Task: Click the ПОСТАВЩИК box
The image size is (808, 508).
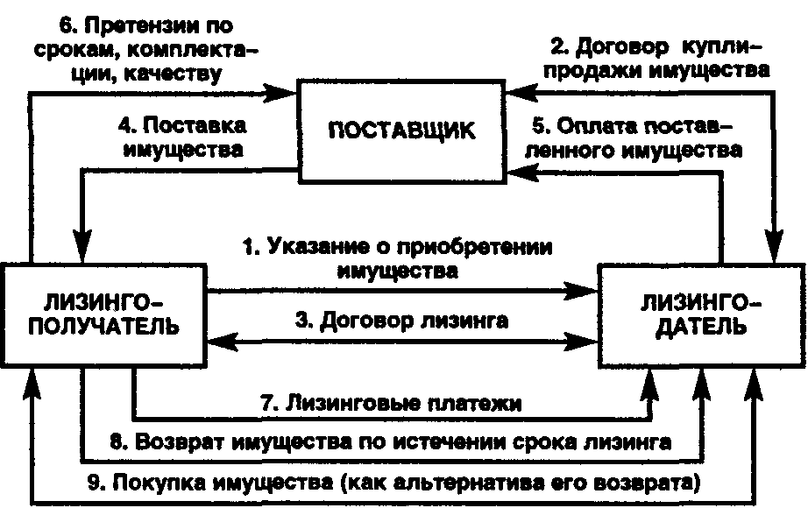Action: tap(402, 132)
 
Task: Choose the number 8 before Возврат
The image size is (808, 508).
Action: tap(116, 442)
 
